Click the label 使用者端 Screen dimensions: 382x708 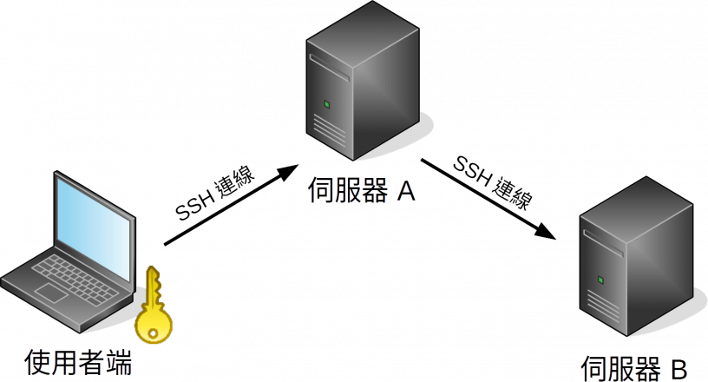pos(79,361)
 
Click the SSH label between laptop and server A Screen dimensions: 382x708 pos(217,198)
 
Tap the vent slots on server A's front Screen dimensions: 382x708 pos(327,130)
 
